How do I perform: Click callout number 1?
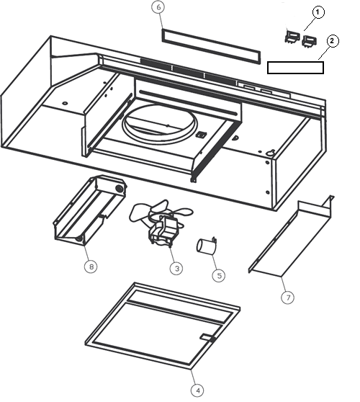(x=318, y=12)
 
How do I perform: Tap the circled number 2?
(x=333, y=41)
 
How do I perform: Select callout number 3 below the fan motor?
(x=176, y=268)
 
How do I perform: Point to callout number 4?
(x=197, y=390)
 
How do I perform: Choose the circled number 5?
(x=219, y=276)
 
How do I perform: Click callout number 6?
(x=158, y=7)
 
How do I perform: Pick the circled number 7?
(x=288, y=298)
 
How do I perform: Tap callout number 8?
(x=91, y=267)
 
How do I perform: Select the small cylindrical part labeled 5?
(x=207, y=246)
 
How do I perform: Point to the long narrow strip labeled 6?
(x=211, y=46)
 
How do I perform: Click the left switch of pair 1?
(x=292, y=36)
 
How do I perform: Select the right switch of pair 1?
(x=310, y=41)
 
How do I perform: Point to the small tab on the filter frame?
(x=208, y=337)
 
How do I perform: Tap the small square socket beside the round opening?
(x=200, y=135)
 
